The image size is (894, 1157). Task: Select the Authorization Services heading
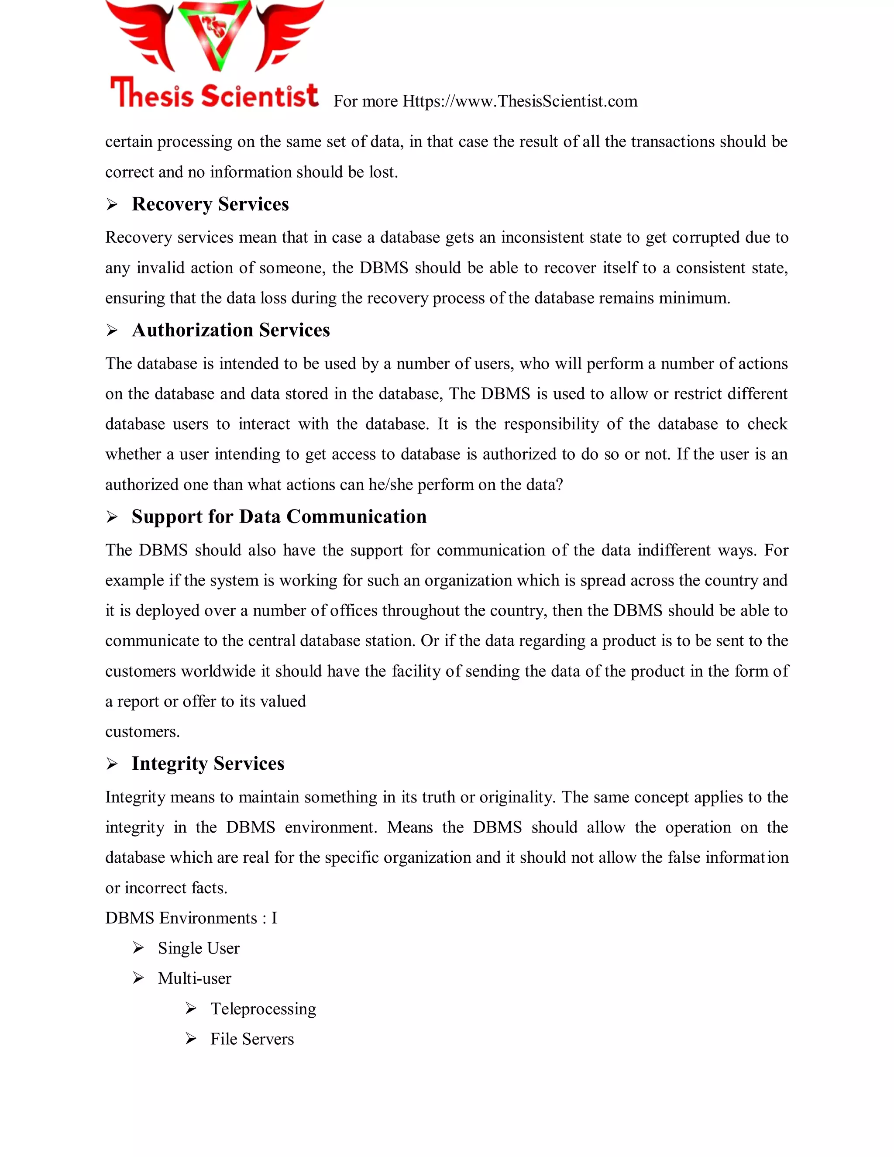tap(230, 331)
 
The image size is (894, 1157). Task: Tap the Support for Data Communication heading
tap(279, 517)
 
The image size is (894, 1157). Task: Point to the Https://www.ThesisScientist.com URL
tap(519, 101)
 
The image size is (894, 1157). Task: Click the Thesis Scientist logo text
tap(214, 94)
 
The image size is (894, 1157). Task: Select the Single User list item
tap(198, 948)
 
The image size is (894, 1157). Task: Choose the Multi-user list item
tap(194, 978)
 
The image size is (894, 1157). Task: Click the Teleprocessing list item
tap(263, 1009)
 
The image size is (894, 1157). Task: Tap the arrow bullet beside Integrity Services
tap(112, 764)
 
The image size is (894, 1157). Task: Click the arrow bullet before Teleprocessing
tap(191, 1009)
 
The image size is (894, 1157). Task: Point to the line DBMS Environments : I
tap(191, 918)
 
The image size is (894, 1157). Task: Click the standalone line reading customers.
tap(142, 732)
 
